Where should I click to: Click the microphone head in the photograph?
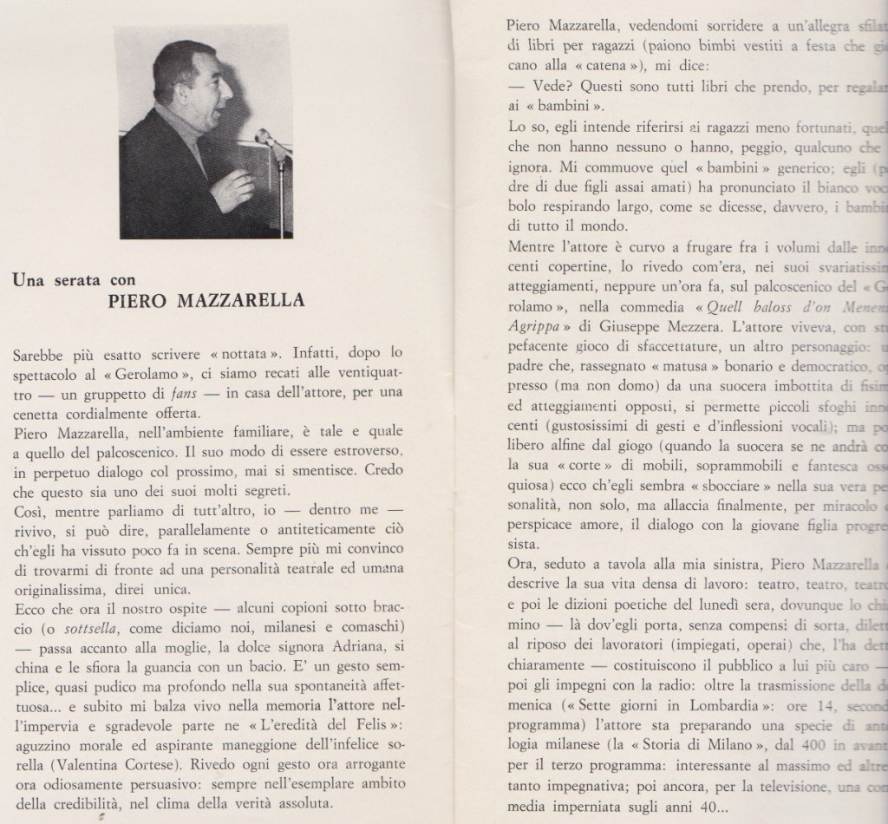coord(264,136)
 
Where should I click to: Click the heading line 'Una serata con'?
coord(74,279)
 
